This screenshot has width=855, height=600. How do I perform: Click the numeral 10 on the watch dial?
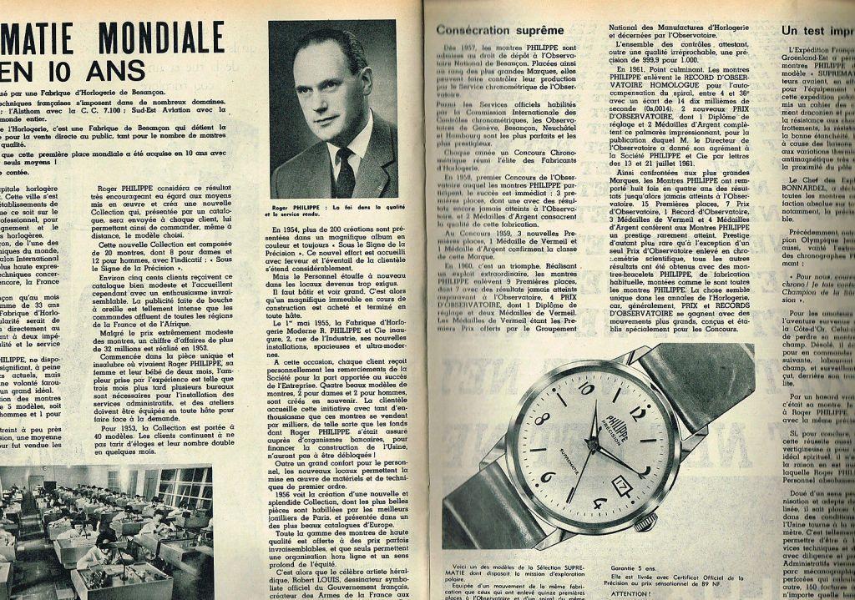point(585,388)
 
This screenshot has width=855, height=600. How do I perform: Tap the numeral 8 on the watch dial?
point(542,420)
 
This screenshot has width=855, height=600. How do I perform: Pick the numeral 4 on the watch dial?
point(599,503)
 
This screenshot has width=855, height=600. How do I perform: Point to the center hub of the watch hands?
point(594,444)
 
